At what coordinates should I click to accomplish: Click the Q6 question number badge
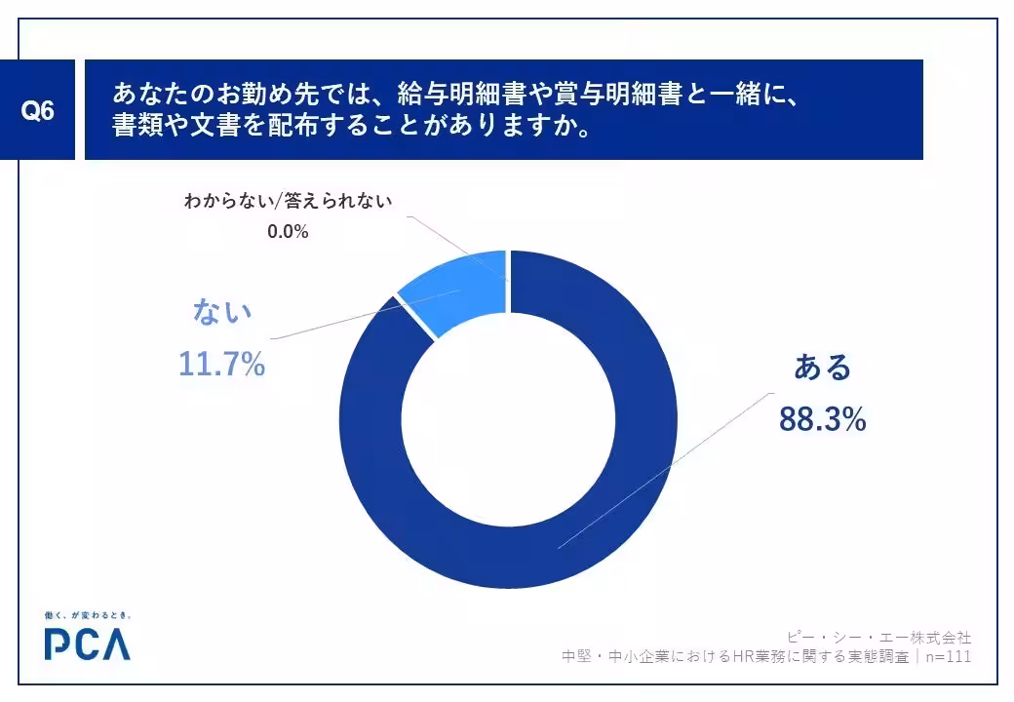point(37,110)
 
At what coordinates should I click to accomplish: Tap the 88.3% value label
point(822,419)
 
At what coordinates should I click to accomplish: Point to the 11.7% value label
point(222,364)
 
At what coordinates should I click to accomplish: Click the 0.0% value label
point(288,231)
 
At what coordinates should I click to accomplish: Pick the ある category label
point(823,368)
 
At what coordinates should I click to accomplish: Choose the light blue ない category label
point(222,312)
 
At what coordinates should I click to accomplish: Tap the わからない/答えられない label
point(288,201)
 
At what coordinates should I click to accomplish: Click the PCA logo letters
point(88,643)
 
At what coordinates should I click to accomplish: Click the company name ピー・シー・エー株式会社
point(878,638)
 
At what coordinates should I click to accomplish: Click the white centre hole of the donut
point(508,419)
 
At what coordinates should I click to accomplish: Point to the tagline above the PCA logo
point(88,614)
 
